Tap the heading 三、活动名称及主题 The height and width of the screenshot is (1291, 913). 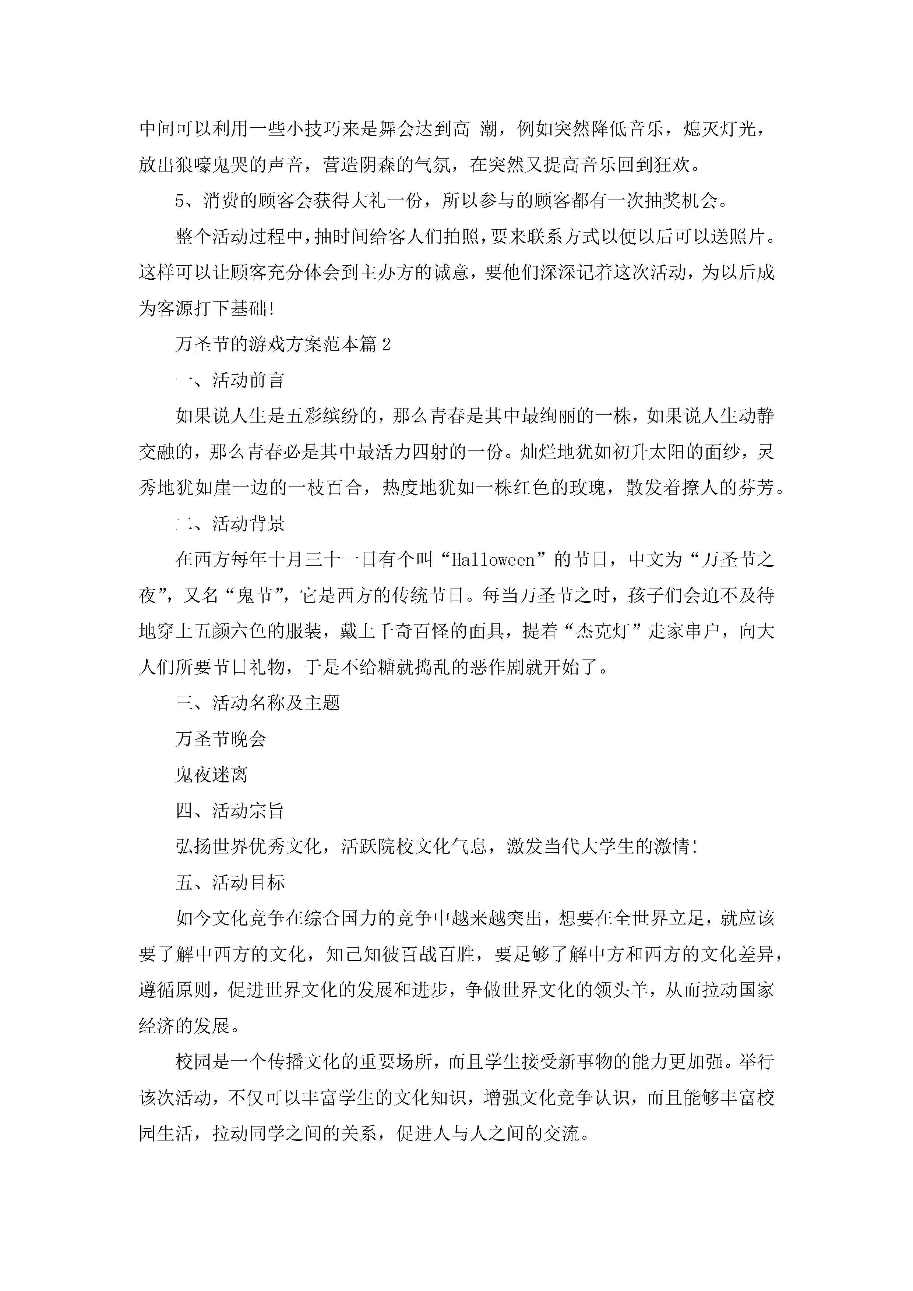coord(258,703)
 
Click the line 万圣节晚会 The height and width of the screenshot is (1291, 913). coord(221,739)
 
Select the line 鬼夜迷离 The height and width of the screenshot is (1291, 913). coord(212,775)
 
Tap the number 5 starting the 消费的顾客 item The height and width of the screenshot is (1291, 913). coord(180,201)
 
